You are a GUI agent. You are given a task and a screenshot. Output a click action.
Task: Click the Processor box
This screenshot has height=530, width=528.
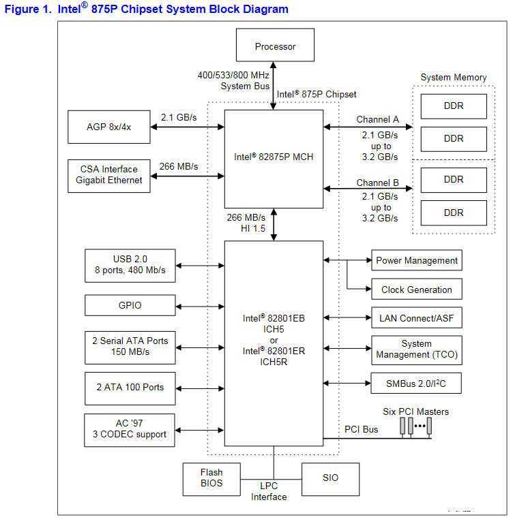[x=275, y=46]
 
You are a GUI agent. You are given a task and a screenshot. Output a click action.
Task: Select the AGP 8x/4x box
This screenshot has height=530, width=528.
[x=109, y=127]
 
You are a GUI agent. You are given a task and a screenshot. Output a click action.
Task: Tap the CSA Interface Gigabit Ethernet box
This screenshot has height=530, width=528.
[x=109, y=175]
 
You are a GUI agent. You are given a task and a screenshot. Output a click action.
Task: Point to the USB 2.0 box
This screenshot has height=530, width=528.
[x=130, y=264]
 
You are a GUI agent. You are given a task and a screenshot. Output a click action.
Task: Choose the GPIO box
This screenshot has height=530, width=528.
[x=130, y=306]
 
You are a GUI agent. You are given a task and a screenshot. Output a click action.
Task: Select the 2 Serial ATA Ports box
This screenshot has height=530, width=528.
[x=130, y=347]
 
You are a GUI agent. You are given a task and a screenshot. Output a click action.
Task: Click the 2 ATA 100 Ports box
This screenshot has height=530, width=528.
[x=130, y=387]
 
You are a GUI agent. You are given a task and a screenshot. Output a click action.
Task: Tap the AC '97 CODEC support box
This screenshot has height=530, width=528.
[x=130, y=429]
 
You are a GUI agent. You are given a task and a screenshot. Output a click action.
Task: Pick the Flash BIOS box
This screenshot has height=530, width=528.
[x=211, y=479]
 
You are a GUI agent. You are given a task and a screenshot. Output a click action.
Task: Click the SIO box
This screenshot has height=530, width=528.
[x=330, y=478]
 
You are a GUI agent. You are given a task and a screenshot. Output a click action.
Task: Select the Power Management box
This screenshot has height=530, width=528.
[x=416, y=261]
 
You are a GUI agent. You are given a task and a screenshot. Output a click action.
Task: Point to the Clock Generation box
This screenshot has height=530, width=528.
[x=416, y=290]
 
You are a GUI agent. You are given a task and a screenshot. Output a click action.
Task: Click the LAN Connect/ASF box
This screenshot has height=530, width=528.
[x=416, y=317]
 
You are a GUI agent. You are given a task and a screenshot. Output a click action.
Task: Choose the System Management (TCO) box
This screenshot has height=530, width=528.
[x=416, y=349]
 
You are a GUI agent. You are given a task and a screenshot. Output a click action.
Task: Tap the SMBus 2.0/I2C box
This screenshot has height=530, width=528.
[x=416, y=384]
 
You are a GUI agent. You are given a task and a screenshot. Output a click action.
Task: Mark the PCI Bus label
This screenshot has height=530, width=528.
[x=361, y=430]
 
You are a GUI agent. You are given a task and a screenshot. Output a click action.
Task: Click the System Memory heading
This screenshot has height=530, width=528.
[x=454, y=78]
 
